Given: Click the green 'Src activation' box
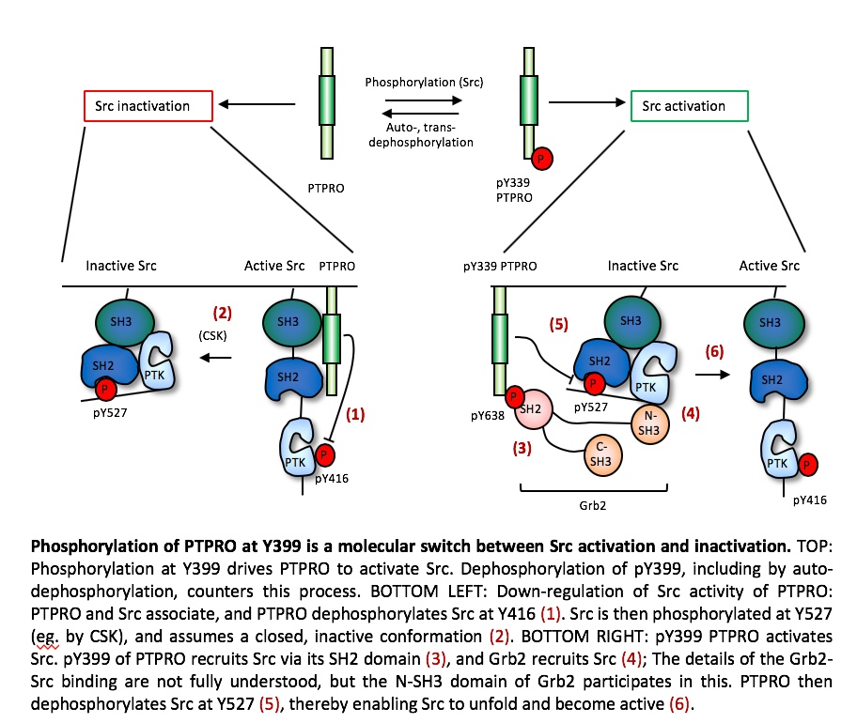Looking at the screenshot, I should (689, 106).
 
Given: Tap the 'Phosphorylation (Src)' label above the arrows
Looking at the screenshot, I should (424, 83).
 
